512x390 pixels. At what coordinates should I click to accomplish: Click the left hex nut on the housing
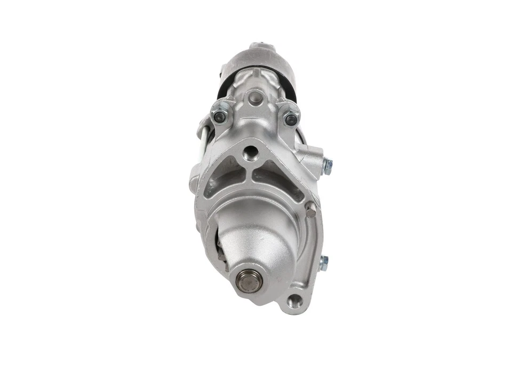tap(219, 117)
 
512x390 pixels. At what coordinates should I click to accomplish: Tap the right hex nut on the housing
tap(291, 120)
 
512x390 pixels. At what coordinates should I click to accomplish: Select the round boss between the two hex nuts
tap(255, 97)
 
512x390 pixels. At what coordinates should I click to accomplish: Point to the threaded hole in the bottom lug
tap(294, 302)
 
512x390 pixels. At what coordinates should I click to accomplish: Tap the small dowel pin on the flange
tap(310, 212)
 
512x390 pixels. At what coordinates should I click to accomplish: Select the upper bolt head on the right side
tap(327, 166)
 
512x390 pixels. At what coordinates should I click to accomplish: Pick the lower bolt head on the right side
tap(323, 262)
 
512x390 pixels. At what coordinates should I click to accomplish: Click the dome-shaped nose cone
tap(256, 240)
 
